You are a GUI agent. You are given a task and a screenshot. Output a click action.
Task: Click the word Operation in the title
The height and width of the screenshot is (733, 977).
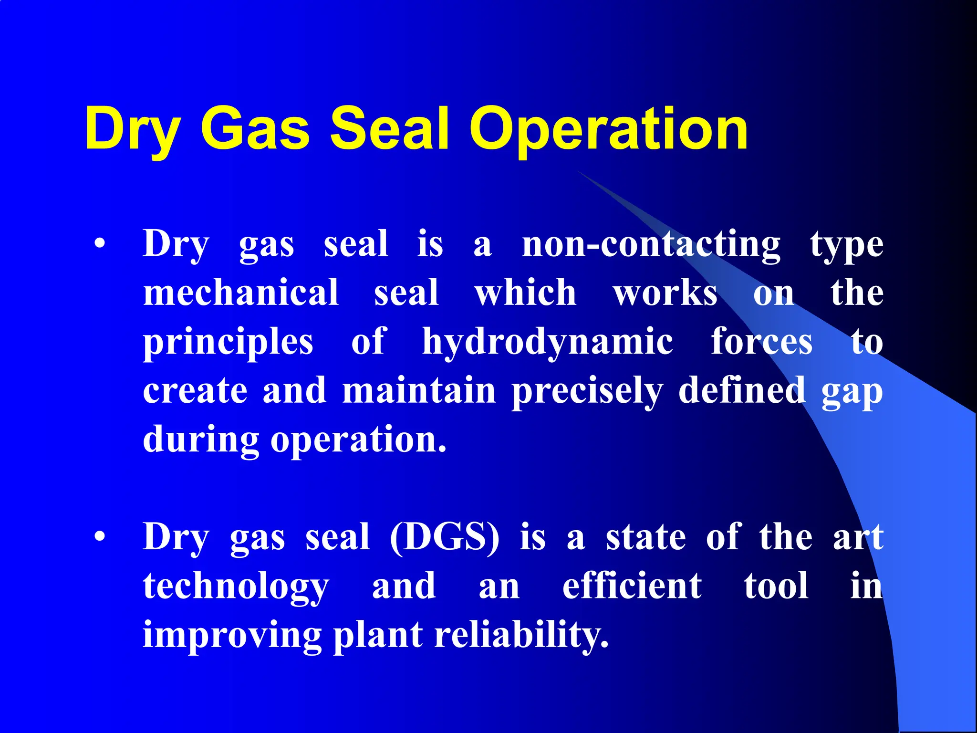pos(609,129)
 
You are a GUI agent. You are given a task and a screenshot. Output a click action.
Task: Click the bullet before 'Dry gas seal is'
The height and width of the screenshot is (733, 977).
pos(99,244)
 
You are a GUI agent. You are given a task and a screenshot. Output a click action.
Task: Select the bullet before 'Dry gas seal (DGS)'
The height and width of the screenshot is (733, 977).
pos(99,537)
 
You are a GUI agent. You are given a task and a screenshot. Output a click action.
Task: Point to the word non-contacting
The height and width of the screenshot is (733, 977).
pos(651,244)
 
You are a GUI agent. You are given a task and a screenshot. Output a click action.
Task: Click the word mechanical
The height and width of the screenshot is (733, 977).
pos(241,293)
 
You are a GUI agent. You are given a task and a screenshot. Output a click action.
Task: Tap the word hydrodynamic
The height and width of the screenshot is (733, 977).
pos(548,342)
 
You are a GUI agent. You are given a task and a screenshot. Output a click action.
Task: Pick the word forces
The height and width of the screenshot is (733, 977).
pos(761,342)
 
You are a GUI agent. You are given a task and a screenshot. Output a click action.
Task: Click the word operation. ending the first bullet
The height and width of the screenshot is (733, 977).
pos(358,440)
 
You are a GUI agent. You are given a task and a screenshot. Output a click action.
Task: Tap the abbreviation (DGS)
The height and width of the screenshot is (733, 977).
pos(445,537)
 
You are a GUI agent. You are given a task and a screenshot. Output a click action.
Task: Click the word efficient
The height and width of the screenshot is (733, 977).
pos(632,586)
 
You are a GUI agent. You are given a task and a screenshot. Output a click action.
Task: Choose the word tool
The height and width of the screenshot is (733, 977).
pos(776,586)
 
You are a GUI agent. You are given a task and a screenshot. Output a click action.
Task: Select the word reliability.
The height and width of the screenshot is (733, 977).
pos(521,636)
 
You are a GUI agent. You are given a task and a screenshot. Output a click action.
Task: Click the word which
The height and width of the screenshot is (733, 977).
pos(525,293)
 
